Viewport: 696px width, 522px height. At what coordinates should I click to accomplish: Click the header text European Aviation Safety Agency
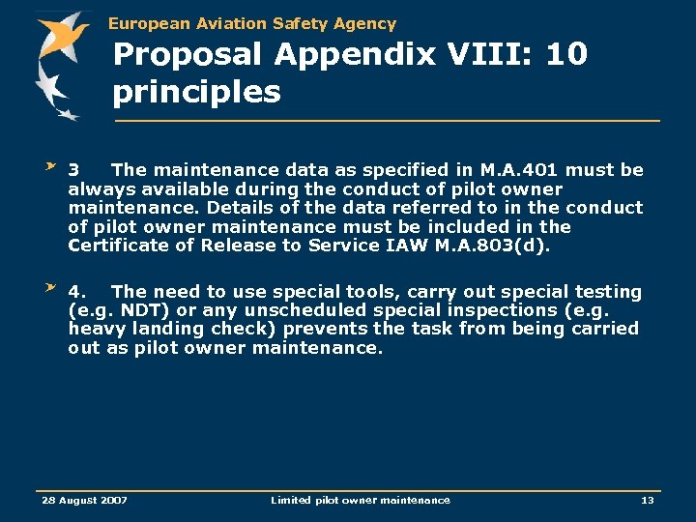[252, 23]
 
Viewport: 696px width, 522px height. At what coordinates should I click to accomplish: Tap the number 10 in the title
[565, 54]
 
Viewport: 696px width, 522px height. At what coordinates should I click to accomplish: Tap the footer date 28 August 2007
[84, 500]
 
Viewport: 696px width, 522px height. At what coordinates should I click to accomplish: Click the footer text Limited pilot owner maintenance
[360, 500]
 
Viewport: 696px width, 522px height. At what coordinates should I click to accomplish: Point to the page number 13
[647, 500]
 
